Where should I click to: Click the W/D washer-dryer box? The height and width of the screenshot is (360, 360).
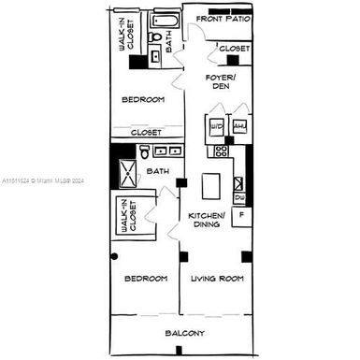(x=216, y=126)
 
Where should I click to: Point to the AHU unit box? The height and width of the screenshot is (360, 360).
(x=238, y=126)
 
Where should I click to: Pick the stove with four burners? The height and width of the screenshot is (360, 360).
(x=222, y=151)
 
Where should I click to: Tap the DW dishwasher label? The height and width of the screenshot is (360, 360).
(x=240, y=198)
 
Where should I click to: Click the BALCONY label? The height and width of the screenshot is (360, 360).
(x=186, y=334)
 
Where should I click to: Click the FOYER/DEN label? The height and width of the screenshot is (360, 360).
(x=221, y=80)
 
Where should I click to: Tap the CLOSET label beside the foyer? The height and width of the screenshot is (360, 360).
(x=235, y=48)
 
